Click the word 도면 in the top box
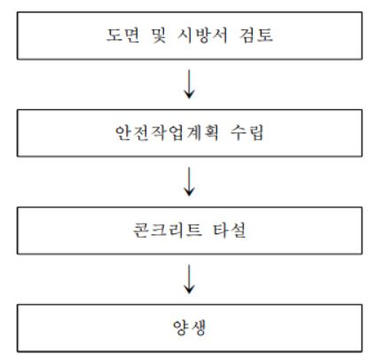(122, 35)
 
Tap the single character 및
(159, 35)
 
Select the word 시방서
(202, 35)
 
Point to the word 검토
(256, 35)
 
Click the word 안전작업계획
(167, 133)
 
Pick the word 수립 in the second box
(246, 133)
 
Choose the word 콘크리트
(168, 231)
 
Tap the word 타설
(229, 231)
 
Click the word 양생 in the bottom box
(189, 327)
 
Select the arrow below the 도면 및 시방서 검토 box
(189, 84)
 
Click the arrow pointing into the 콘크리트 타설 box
(189, 182)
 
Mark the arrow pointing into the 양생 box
(189, 278)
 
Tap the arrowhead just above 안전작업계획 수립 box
(189, 95)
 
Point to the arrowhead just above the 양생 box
(189, 289)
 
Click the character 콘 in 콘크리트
(141, 231)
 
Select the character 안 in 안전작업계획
(123, 133)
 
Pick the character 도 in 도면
(114, 35)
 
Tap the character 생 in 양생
(198, 327)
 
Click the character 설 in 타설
(238, 231)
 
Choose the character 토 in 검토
(265, 35)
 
